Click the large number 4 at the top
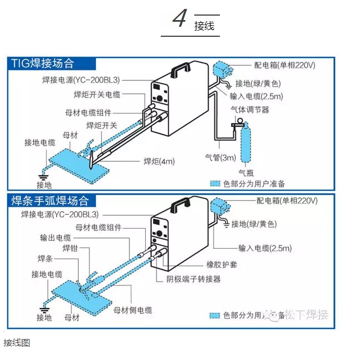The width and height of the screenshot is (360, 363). [x=180, y=18]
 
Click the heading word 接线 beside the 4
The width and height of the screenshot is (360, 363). [x=204, y=26]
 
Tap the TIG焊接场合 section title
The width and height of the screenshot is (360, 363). [x=42, y=63]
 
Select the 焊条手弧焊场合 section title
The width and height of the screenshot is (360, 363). [x=50, y=200]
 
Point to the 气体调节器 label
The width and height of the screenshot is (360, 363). [x=250, y=110]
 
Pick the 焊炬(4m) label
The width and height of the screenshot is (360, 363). [x=159, y=162]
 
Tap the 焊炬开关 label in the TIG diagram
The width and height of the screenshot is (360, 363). [x=102, y=125]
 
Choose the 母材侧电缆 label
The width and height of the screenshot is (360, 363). [x=132, y=310]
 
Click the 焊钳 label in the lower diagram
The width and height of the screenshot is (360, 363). [x=70, y=248]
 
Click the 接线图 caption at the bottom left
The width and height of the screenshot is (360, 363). [x=16, y=342]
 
